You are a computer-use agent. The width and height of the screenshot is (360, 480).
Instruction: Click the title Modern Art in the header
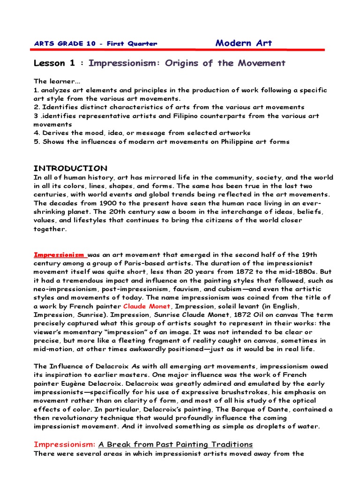243,43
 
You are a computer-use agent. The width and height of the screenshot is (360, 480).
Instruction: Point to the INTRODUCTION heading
70,168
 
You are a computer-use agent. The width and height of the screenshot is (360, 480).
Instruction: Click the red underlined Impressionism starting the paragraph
59,255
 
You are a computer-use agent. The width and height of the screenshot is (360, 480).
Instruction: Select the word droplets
260,427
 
